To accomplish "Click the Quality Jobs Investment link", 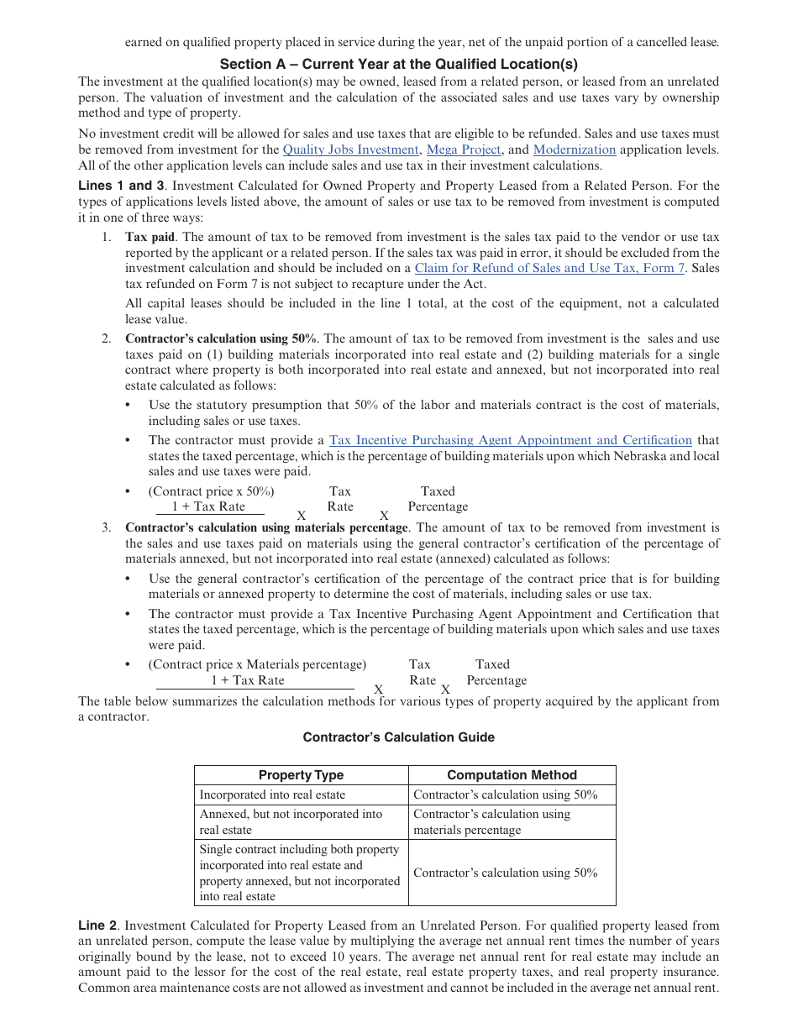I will tap(349, 149).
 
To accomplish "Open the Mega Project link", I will tap(464, 149).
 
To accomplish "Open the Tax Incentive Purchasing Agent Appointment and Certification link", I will tap(511, 440).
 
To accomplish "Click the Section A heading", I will tap(398, 64).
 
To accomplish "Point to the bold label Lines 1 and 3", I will tap(121, 186).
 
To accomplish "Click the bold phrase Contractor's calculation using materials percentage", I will tap(266, 527).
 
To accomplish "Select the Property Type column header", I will tap(301, 775).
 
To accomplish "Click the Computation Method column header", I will tap(512, 775).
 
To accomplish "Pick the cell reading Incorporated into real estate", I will tap(272, 794).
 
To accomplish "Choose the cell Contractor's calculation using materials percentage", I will tap(491, 821).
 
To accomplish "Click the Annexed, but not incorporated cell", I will tap(291, 821).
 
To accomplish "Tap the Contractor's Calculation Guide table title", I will tap(398, 737).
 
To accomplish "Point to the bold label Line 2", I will tap(98, 926).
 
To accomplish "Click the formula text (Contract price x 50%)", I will tap(211, 491).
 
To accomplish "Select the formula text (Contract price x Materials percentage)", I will tap(257, 664).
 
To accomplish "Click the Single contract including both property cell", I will tap(299, 873).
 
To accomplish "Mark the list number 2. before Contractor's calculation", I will tap(107, 338).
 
